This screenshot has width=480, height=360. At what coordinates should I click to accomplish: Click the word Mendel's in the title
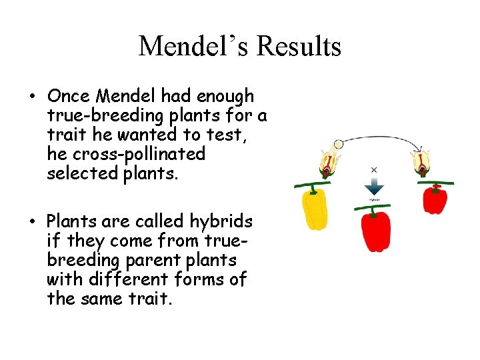(x=193, y=47)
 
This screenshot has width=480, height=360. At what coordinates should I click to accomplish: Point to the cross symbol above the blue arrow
(x=374, y=170)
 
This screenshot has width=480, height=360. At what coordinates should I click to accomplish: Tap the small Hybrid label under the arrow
(x=375, y=199)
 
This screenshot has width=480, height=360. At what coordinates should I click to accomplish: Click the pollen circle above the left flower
(x=339, y=144)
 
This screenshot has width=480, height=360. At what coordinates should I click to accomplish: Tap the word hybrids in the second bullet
(x=222, y=221)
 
